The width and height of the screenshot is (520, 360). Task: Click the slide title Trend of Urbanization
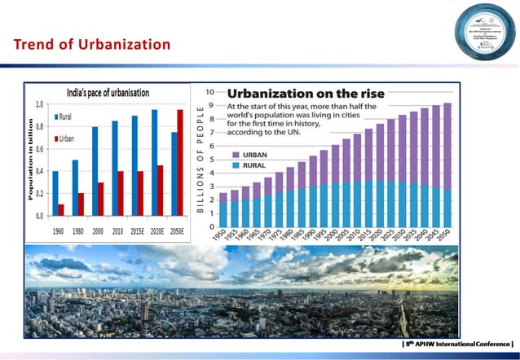(x=92, y=44)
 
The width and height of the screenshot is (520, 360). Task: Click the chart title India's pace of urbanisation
(x=108, y=92)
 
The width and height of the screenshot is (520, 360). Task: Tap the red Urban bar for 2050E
(x=180, y=163)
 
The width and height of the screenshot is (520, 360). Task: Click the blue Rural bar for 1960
(x=55, y=193)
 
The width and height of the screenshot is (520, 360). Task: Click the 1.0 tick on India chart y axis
(x=39, y=104)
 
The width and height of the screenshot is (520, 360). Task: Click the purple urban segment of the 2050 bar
(x=447, y=147)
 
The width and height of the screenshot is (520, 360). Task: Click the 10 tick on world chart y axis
(x=210, y=91)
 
